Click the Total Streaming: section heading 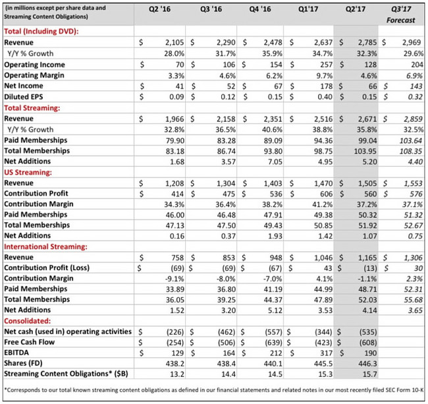tap(33, 107)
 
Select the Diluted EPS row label tap(26, 97)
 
